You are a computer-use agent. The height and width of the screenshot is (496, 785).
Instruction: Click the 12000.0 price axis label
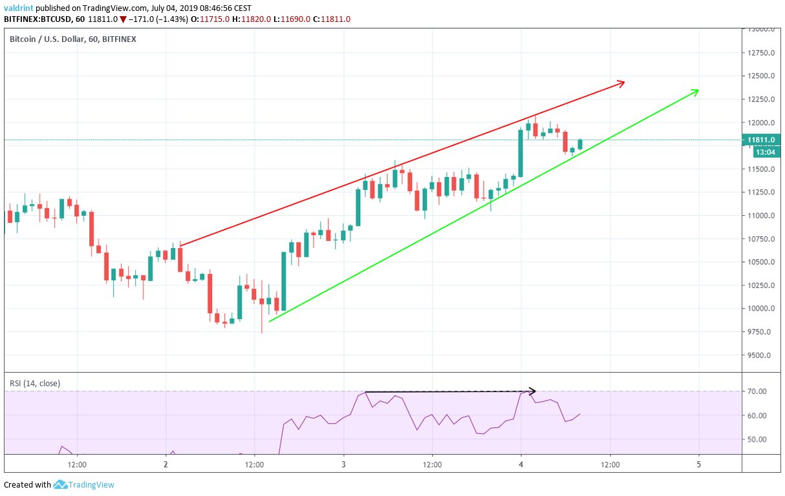coord(761,123)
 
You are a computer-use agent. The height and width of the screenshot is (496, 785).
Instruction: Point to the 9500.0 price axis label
coord(761,355)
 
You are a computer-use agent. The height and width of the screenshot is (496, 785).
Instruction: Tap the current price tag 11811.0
coord(761,139)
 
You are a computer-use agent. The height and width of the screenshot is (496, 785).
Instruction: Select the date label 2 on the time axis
coord(166,464)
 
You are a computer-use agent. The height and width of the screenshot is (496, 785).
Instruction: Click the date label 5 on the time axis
coord(699,464)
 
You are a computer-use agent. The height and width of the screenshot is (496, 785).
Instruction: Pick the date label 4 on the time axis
coord(521,464)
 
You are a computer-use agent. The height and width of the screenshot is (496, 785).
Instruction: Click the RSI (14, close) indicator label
coord(35,383)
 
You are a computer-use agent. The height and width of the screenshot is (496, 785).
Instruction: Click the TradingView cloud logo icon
coord(61,484)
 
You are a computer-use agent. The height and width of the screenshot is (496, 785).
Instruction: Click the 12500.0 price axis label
coord(761,76)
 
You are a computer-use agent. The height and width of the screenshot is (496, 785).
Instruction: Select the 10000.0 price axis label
coord(761,309)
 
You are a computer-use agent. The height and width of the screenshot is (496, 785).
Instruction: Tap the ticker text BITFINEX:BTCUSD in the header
coord(40,19)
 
